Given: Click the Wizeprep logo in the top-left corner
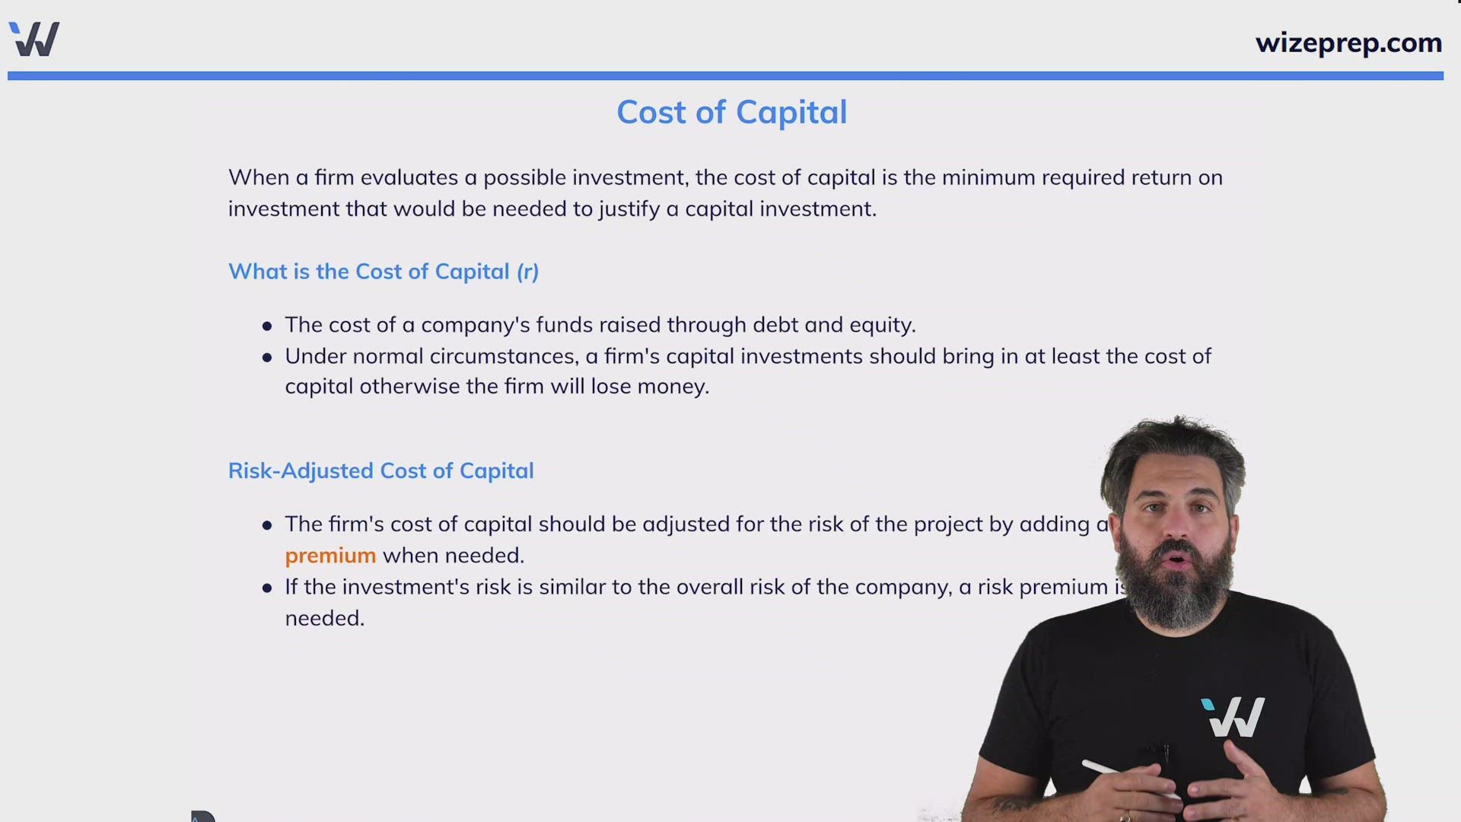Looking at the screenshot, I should (34, 39).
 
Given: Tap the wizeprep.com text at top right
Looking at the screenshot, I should (1348, 43).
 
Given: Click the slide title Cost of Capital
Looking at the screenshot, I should (731, 113).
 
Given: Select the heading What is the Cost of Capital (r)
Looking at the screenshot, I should (383, 272).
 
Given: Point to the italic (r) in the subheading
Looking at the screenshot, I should (527, 272).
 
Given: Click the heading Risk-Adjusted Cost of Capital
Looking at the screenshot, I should (380, 471).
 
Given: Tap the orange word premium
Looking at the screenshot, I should (330, 556).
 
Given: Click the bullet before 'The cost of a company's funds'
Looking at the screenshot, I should (267, 327).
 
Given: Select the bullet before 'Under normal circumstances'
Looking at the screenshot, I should (267, 357).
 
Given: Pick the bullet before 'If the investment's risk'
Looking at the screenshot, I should (267, 588).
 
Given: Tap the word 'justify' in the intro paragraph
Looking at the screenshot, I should (629, 209).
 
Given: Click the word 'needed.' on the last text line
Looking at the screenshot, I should (325, 619).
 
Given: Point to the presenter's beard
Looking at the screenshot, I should (1176, 590).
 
